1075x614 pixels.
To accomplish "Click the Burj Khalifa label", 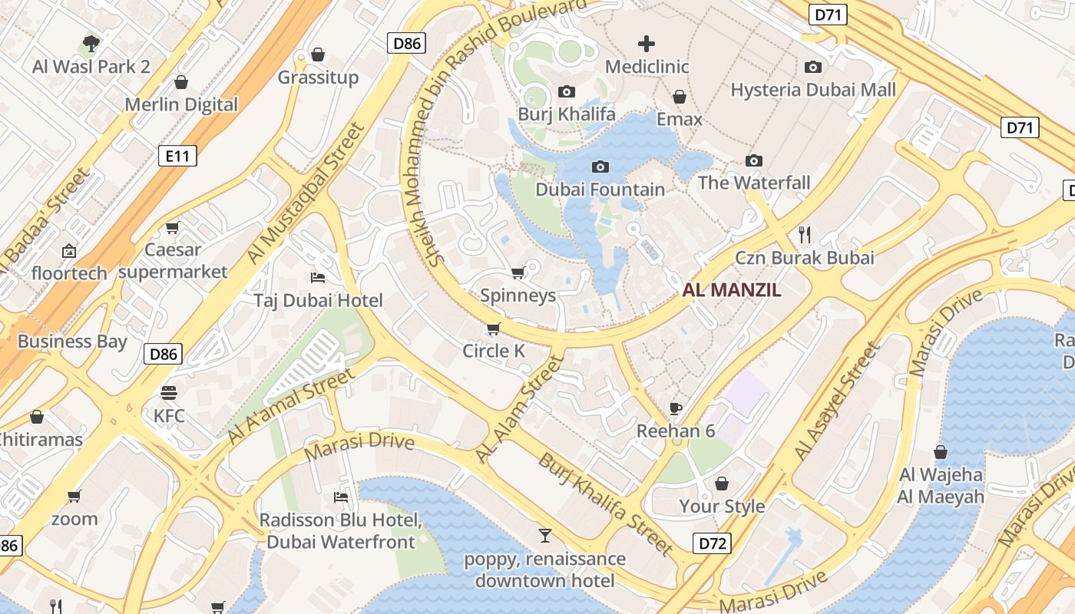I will pos(567,114).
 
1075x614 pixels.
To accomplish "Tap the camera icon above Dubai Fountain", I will pos(600,167).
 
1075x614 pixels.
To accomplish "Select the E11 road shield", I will pos(177,157).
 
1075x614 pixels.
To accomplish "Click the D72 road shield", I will pos(712,544).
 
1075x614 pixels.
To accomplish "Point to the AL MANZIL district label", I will pos(732,290).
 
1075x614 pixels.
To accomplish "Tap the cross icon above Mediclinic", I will pos(647,44).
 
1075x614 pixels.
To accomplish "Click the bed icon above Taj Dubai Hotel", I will pos(318,277).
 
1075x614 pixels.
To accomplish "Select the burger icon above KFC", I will pos(169,393).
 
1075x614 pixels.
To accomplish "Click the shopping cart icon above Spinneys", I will pos(518,272).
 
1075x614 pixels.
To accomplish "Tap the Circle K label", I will pos(494,352).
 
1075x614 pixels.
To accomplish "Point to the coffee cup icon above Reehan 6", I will pos(676,408).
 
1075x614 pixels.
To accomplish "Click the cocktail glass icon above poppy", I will pos(545,535).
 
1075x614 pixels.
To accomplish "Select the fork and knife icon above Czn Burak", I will pos(805,234).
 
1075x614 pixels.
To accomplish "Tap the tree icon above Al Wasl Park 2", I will pos(91,43).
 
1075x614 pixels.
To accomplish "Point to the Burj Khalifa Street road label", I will pos(605,503).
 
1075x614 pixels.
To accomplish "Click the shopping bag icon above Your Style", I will pos(722,484).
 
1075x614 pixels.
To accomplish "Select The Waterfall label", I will pos(754,183).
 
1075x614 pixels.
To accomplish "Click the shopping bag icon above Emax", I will pos(680,97).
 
